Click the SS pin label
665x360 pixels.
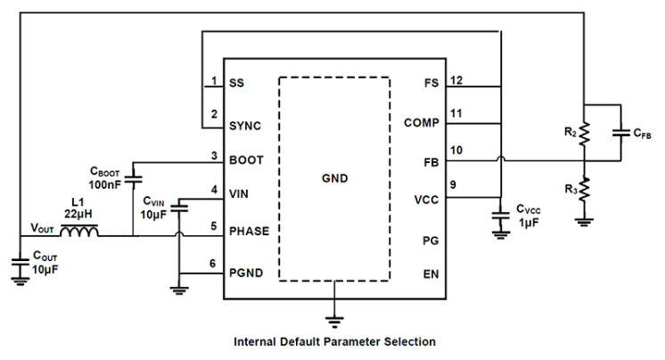click(x=236, y=83)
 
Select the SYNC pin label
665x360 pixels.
click(x=245, y=126)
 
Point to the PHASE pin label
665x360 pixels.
click(x=250, y=231)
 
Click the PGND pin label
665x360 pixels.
click(x=247, y=273)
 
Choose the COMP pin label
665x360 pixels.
click(x=421, y=122)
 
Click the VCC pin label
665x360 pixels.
click(x=426, y=200)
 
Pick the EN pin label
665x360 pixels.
click(x=431, y=274)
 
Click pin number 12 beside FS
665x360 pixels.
click(x=456, y=80)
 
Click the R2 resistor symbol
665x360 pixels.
click(x=584, y=134)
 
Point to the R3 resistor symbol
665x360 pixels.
click(x=584, y=191)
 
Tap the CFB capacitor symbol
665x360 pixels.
click(x=620, y=133)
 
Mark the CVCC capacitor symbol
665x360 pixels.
click(x=500, y=217)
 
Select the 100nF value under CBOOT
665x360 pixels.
click(x=105, y=184)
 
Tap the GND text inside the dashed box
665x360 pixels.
click(x=334, y=178)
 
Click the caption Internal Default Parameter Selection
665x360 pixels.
click(x=334, y=341)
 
